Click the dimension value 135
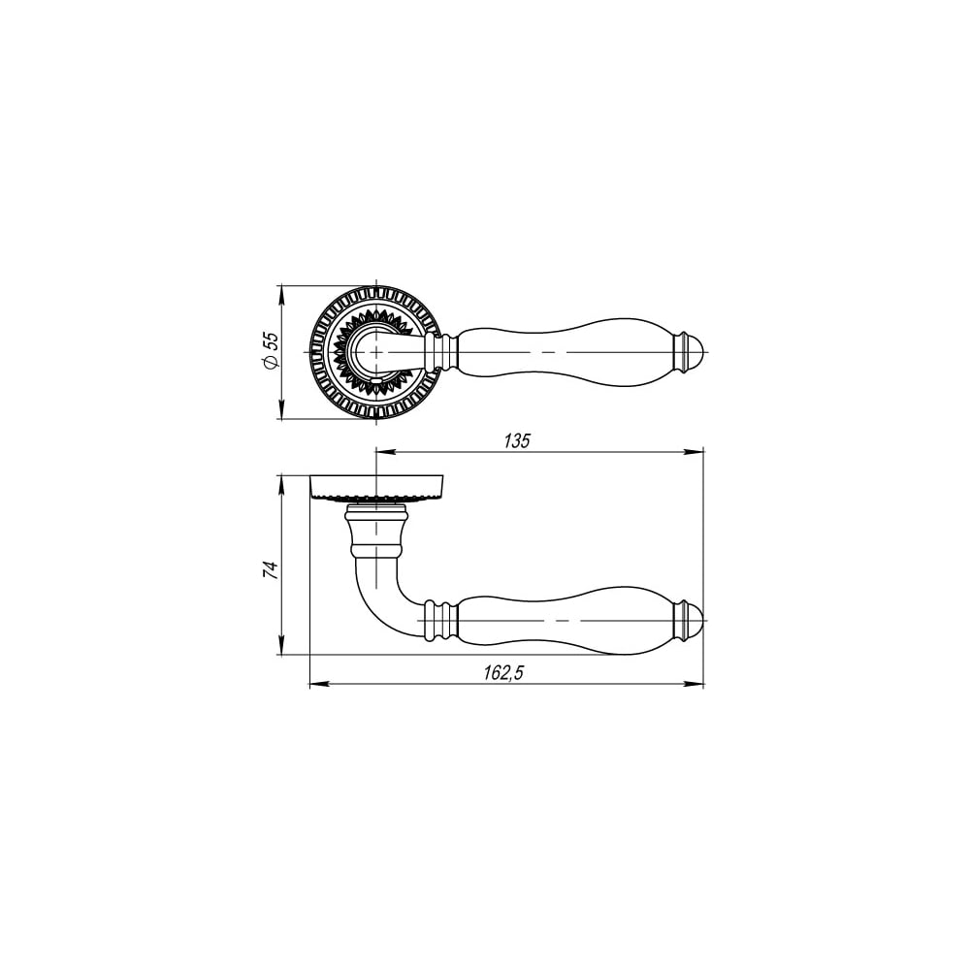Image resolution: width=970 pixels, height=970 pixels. click(517, 441)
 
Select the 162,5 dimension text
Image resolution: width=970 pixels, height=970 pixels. click(503, 673)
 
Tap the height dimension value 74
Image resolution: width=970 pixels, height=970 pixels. click(271, 570)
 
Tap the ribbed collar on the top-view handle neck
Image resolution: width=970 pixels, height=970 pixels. click(442, 352)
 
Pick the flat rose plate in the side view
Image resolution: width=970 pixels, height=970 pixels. click(376, 486)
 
